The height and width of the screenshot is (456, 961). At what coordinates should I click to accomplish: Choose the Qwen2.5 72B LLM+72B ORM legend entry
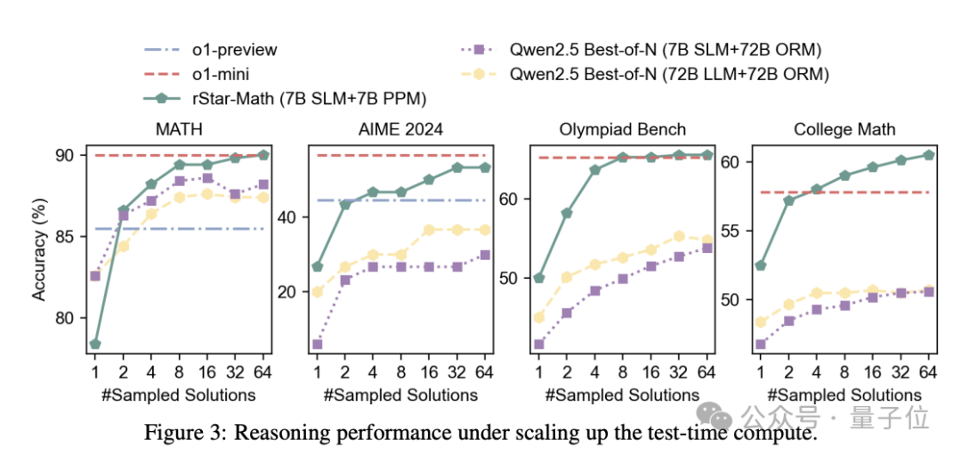pyautogui.click(x=668, y=74)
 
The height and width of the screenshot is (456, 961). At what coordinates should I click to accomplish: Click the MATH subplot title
pyautogui.click(x=178, y=130)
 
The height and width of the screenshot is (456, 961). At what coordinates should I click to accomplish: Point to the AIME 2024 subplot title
pyautogui.click(x=400, y=130)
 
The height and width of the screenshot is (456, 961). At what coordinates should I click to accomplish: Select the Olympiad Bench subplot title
pyautogui.click(x=623, y=130)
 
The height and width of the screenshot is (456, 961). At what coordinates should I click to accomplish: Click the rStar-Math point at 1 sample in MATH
pyautogui.click(x=94, y=344)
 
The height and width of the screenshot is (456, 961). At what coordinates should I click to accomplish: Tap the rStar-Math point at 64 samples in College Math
pyautogui.click(x=929, y=155)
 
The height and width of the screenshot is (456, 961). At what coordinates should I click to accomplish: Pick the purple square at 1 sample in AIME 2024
pyautogui.click(x=317, y=344)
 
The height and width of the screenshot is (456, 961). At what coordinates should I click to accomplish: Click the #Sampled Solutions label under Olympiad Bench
pyautogui.click(x=623, y=395)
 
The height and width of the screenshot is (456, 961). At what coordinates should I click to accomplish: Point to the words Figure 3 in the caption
pyautogui.click(x=178, y=434)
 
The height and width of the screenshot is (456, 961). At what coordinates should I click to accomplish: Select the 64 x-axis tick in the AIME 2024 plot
pyautogui.click(x=484, y=371)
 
